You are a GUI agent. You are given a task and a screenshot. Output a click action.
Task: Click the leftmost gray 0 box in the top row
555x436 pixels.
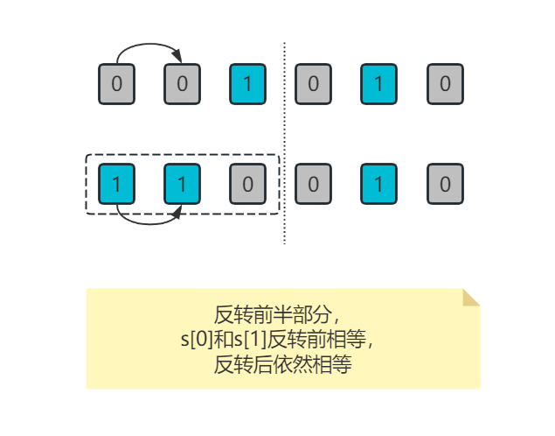coord(117,84)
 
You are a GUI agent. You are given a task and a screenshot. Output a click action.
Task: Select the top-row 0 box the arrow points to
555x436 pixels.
coord(183,84)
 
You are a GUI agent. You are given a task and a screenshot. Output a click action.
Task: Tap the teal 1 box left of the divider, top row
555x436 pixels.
coord(248,84)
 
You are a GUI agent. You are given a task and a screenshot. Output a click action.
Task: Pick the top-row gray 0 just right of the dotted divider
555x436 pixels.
coord(314,84)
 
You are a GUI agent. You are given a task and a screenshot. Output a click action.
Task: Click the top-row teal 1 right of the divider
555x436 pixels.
coord(379,84)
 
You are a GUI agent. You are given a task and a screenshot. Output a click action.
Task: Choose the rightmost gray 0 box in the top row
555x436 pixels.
coord(445,84)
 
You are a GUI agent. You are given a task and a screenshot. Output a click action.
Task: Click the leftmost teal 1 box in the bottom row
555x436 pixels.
coord(117,184)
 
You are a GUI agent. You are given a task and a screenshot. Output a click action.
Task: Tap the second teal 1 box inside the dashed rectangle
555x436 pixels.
coord(183,184)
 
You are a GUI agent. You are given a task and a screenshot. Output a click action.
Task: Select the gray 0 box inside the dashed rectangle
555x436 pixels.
coord(248,184)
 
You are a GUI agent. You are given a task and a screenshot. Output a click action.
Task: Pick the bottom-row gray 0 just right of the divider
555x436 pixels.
coord(314,184)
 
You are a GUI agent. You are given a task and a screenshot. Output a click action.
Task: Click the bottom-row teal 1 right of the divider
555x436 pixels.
coord(379,184)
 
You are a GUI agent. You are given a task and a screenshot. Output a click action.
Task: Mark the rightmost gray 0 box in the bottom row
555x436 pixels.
coord(445,184)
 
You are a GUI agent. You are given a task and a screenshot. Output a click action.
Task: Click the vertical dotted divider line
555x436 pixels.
coord(284,140)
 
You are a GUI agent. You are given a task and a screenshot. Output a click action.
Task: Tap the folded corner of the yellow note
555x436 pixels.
coord(469,298)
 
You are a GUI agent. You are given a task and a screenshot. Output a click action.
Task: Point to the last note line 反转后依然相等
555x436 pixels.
coord(282,364)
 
